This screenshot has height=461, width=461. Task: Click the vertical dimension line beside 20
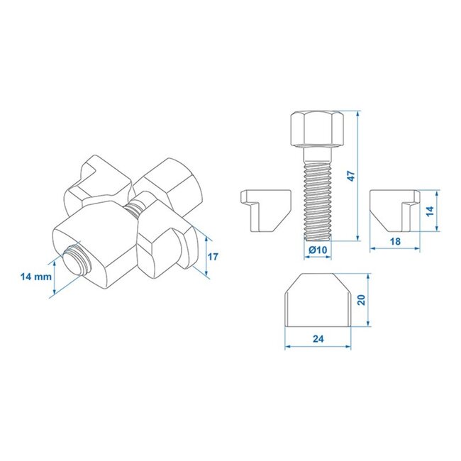pos(370,300)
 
